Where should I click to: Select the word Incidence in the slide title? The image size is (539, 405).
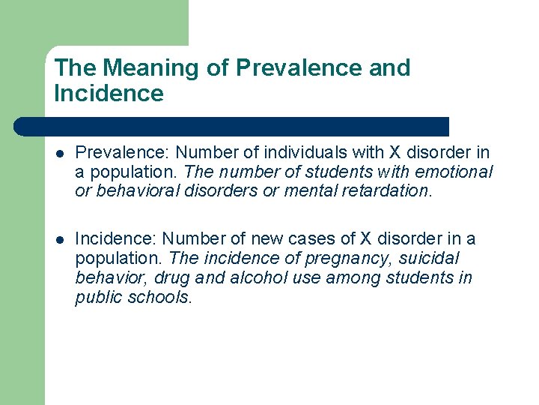coord(109,94)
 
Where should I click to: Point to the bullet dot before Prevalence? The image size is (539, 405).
coord(59,154)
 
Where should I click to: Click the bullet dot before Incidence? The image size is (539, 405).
coord(59,240)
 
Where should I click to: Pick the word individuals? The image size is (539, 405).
coord(298,153)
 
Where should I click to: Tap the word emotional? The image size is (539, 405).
coord(457,172)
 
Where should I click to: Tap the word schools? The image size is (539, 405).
coord(162,297)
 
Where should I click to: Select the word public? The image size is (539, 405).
coord(100,297)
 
